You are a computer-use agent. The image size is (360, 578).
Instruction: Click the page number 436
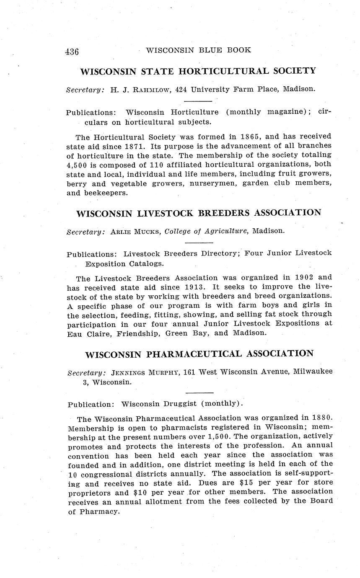(x=72, y=52)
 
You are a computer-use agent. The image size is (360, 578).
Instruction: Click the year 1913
(x=195, y=287)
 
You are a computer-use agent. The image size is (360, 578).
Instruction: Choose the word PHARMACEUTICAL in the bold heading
(x=194, y=354)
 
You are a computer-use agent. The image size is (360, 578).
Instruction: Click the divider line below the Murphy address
(x=199, y=392)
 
